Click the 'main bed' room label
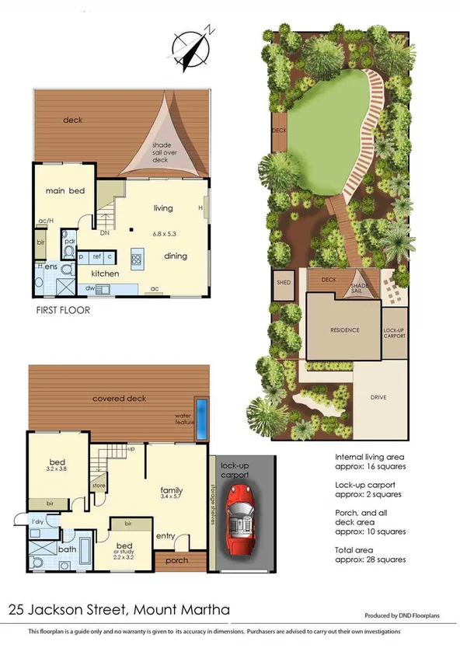(64, 190)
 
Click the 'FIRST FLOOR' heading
(63, 309)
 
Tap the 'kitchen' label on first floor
(106, 273)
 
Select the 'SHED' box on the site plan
(283, 283)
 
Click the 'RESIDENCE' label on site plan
(344, 330)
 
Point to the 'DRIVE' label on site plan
(378, 398)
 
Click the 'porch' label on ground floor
(178, 559)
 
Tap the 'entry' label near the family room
(165, 536)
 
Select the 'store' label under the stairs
(99, 487)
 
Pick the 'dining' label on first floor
(175, 255)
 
